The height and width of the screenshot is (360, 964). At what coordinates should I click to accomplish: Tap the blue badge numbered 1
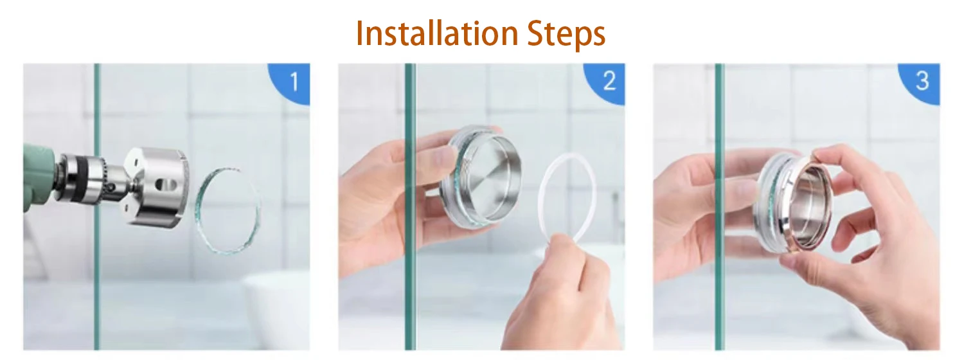(x=293, y=82)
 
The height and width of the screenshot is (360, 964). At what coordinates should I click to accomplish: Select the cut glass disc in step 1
(x=228, y=209)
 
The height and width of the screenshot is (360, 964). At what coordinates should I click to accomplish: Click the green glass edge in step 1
(x=97, y=289)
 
